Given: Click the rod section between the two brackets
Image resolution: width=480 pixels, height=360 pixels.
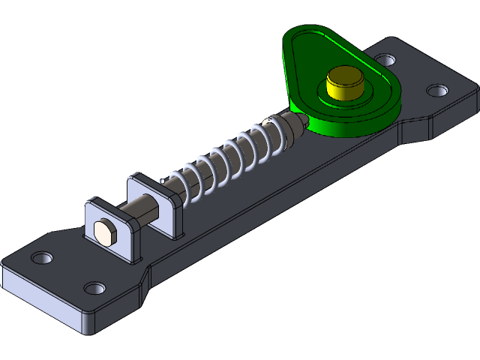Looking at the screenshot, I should [145, 205].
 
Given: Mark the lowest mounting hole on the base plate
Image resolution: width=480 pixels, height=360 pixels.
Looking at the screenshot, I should [93, 288].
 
